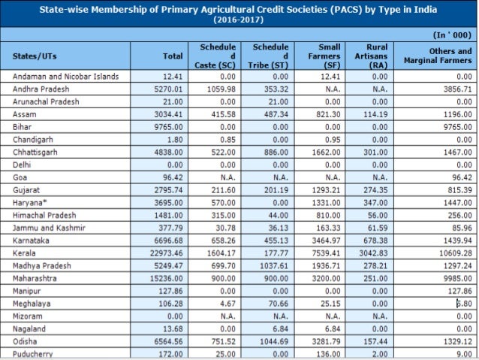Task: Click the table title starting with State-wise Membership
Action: pos(238,14)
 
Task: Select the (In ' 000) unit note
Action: pos(452,35)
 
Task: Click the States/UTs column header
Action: pos(35,56)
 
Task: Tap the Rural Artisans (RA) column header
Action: pos(371,56)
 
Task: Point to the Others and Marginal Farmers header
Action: pos(438,56)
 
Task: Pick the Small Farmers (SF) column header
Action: pos(324,56)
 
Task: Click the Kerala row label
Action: pos(24,253)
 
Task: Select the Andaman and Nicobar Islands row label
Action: pos(65,77)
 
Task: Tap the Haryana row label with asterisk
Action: pos(30,203)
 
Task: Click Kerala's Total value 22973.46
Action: pos(166,253)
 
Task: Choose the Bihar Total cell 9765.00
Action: pos(168,127)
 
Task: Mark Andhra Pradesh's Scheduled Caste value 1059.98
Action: pos(221,89)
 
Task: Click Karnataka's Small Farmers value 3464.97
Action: pos(326,241)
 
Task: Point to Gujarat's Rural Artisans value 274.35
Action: pos(375,190)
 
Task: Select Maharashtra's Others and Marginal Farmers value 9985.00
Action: pos(458,279)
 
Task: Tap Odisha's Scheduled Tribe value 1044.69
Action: pos(274,342)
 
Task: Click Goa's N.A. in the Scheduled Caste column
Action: pos(228,177)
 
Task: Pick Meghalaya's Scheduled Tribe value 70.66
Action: pos(279,304)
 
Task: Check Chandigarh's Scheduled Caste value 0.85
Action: pos(228,140)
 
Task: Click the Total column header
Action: pos(173,56)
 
